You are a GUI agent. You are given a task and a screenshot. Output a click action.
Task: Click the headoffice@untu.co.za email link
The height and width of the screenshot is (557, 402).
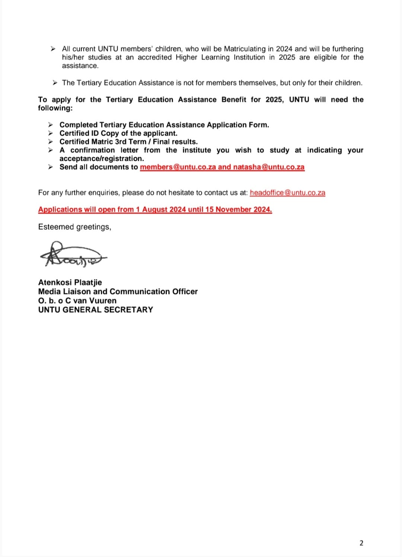pos(287,193)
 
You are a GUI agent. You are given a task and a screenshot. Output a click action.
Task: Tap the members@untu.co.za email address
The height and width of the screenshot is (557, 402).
pos(178,167)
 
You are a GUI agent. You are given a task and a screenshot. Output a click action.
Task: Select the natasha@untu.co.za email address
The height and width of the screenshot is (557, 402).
pos(269,167)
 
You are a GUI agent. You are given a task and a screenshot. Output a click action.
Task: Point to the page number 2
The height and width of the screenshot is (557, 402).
pos(361,543)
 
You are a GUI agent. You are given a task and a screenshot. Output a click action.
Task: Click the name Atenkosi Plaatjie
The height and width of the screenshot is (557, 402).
pos(70,282)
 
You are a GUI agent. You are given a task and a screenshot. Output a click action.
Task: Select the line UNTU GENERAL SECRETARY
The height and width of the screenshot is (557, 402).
pos(95,310)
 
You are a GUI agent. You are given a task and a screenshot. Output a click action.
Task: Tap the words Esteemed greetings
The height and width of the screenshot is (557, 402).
pos(74,227)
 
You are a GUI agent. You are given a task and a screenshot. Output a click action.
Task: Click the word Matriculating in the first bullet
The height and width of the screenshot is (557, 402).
pos(245,49)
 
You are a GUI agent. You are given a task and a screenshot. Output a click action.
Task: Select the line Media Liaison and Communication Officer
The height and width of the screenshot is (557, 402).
pos(118,291)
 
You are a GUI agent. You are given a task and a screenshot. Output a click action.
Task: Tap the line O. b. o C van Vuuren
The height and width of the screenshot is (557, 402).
pos(77,301)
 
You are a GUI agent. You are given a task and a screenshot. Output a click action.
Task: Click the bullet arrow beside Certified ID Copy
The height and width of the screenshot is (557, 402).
pos(50,133)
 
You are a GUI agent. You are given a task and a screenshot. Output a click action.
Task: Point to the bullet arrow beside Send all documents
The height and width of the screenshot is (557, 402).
pos(50,167)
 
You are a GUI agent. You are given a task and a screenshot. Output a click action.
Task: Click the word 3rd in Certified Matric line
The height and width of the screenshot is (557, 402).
pos(121,142)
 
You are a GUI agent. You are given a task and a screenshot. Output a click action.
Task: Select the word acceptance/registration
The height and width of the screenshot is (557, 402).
pos(101,159)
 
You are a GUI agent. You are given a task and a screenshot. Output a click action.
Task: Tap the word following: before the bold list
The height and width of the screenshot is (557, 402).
pos(55,108)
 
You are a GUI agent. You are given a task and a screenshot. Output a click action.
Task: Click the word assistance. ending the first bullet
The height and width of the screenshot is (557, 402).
pos(80,66)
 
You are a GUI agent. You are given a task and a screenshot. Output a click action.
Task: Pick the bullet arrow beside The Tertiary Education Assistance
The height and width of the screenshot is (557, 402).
pos(54,83)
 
